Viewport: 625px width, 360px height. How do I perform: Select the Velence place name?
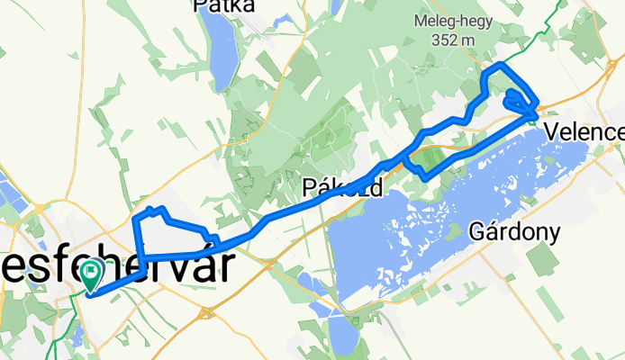(x=584, y=133)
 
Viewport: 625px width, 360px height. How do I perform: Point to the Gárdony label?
(x=514, y=231)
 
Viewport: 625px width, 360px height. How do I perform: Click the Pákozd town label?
(x=343, y=188)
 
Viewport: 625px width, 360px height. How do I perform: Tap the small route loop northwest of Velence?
(x=517, y=99)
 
